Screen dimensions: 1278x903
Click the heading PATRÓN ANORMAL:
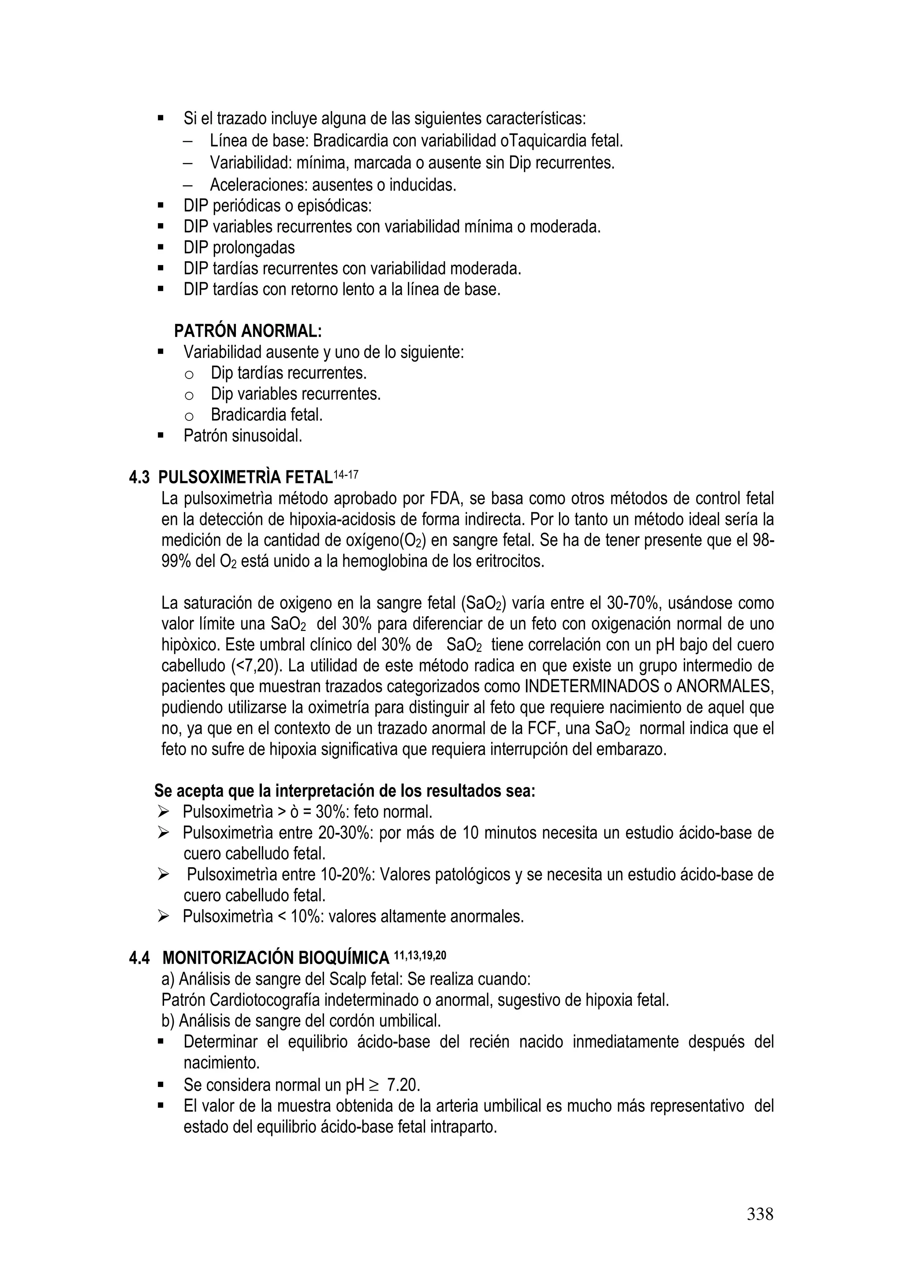point(248,331)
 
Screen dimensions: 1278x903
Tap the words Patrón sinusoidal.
point(243,436)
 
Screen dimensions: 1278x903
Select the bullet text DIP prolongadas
point(239,247)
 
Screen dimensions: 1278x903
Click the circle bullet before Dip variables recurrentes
point(189,395)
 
